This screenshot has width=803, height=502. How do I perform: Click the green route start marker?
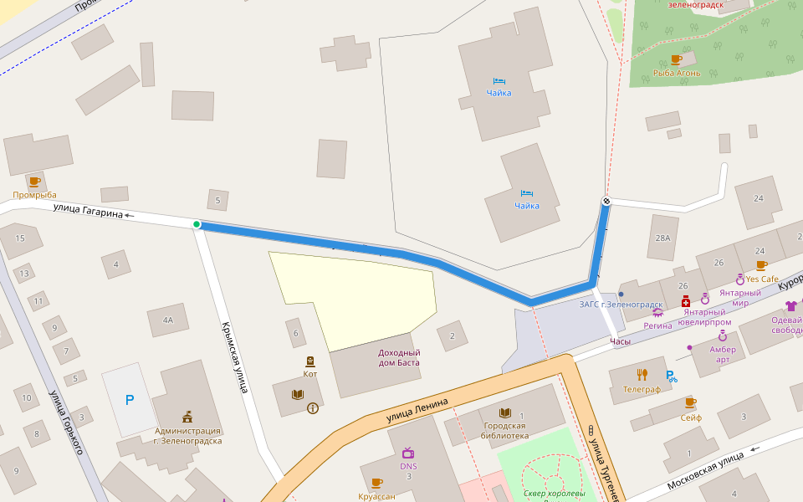[x=197, y=224]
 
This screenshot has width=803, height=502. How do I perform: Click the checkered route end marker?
[x=606, y=201]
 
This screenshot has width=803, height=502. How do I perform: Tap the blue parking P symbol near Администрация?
[x=129, y=401]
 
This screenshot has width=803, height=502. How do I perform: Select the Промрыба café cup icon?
[x=34, y=182]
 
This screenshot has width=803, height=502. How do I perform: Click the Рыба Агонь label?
[x=676, y=74]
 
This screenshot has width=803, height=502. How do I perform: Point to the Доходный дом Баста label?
[x=387, y=357]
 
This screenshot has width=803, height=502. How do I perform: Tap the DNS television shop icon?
[x=408, y=453]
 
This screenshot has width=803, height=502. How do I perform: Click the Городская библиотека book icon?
[x=504, y=413]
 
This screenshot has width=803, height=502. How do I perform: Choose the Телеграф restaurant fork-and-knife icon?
[x=642, y=374]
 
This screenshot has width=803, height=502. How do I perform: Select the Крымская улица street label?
[x=234, y=357]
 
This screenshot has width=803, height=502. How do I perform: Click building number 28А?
[x=662, y=238]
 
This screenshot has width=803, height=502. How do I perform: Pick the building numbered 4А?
[x=168, y=320]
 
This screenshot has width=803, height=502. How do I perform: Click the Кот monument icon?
[x=310, y=361]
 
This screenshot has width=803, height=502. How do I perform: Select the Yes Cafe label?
[x=762, y=279]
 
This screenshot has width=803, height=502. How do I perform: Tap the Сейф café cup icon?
[x=690, y=403]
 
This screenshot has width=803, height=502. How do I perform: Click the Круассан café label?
[x=376, y=495]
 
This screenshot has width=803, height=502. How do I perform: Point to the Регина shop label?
[x=657, y=325]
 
